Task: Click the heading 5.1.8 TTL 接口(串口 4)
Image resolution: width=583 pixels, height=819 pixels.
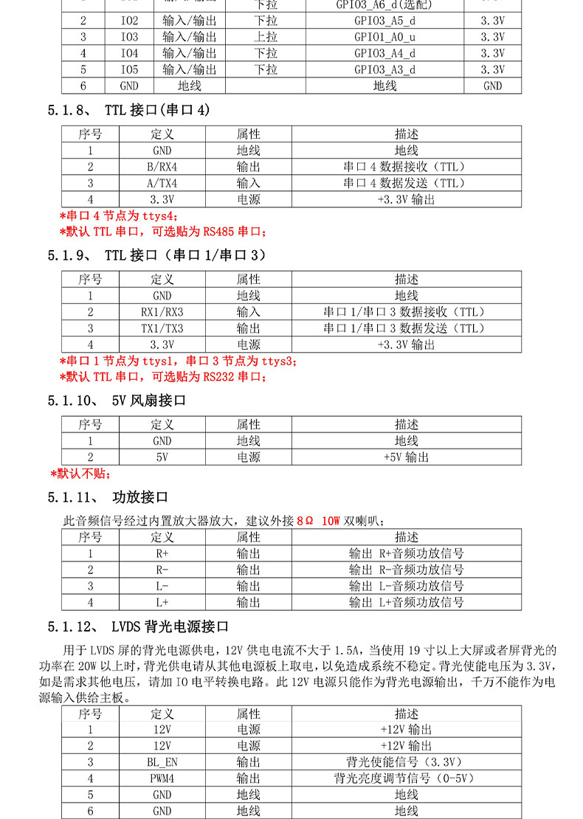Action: point(129,110)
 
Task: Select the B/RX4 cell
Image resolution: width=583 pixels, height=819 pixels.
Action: point(162,167)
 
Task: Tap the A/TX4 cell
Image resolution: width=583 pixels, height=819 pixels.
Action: point(162,183)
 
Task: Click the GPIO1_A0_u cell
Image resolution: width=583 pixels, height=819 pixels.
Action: point(384,37)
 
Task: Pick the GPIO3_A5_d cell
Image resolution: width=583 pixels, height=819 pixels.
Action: point(384,21)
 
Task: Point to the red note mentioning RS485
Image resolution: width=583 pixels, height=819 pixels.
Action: point(162,232)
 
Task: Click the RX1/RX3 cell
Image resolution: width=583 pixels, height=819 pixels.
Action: point(162,312)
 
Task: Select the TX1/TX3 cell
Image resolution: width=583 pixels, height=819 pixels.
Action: point(162,328)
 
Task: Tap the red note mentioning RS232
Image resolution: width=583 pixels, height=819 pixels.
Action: point(162,377)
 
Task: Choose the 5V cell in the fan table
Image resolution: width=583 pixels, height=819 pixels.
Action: point(162,457)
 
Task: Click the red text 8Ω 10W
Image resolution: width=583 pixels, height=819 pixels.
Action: point(317,521)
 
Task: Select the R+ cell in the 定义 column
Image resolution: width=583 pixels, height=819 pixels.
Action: point(162,553)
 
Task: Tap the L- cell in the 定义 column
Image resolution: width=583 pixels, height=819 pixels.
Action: point(162,586)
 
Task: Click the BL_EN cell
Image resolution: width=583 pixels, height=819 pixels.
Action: point(162,762)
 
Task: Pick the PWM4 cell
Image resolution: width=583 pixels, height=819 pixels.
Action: point(162,778)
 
